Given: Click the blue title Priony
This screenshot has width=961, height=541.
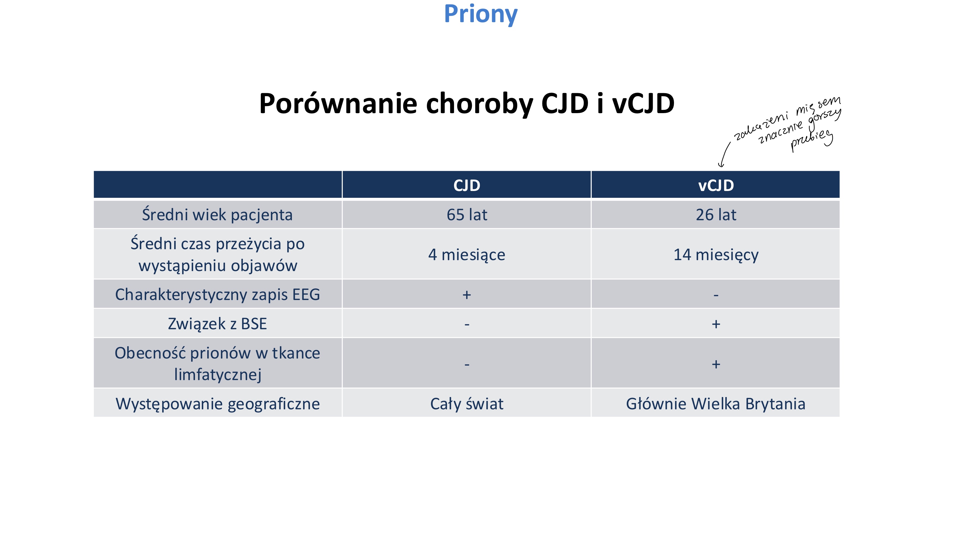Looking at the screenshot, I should pos(481,14).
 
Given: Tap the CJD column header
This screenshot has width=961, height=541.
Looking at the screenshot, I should pos(466,185).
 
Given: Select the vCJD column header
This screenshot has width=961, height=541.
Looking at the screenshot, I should pos(715,185).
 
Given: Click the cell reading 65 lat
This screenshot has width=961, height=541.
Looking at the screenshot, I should pos(466,215).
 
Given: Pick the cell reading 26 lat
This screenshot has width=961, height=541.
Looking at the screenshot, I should pos(715,215).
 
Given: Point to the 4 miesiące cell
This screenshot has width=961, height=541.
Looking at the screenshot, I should pos(466,255).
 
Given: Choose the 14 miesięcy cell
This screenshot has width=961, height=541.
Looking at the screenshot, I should pos(715,255).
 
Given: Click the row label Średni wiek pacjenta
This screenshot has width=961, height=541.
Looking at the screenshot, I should pos(217,215).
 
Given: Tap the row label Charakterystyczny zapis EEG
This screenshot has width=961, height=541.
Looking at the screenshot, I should pos(217,294).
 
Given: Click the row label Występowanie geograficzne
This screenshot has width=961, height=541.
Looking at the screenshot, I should pos(217,404).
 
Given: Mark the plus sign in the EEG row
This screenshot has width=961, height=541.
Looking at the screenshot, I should pos(466,295).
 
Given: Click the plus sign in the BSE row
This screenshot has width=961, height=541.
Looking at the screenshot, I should pos(715,324).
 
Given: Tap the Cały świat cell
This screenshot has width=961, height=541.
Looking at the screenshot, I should pos(466,404).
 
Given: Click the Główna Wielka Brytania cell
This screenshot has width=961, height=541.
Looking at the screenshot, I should pos(715,404).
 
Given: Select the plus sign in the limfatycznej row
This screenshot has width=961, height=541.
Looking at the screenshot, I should pos(715,364).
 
